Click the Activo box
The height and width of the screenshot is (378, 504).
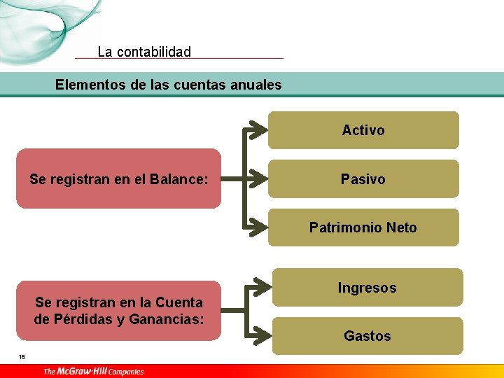click(363, 130)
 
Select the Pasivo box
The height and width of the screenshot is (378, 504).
click(363, 179)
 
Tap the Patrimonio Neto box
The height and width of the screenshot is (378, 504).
click(363, 227)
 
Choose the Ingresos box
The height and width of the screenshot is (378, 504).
click(367, 288)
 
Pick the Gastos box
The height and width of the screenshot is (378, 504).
click(367, 336)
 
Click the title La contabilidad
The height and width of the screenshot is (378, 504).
click(144, 52)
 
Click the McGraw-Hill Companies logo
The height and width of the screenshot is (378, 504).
click(93, 372)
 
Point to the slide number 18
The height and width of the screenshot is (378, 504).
click(22, 357)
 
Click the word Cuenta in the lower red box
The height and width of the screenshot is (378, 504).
click(179, 302)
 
